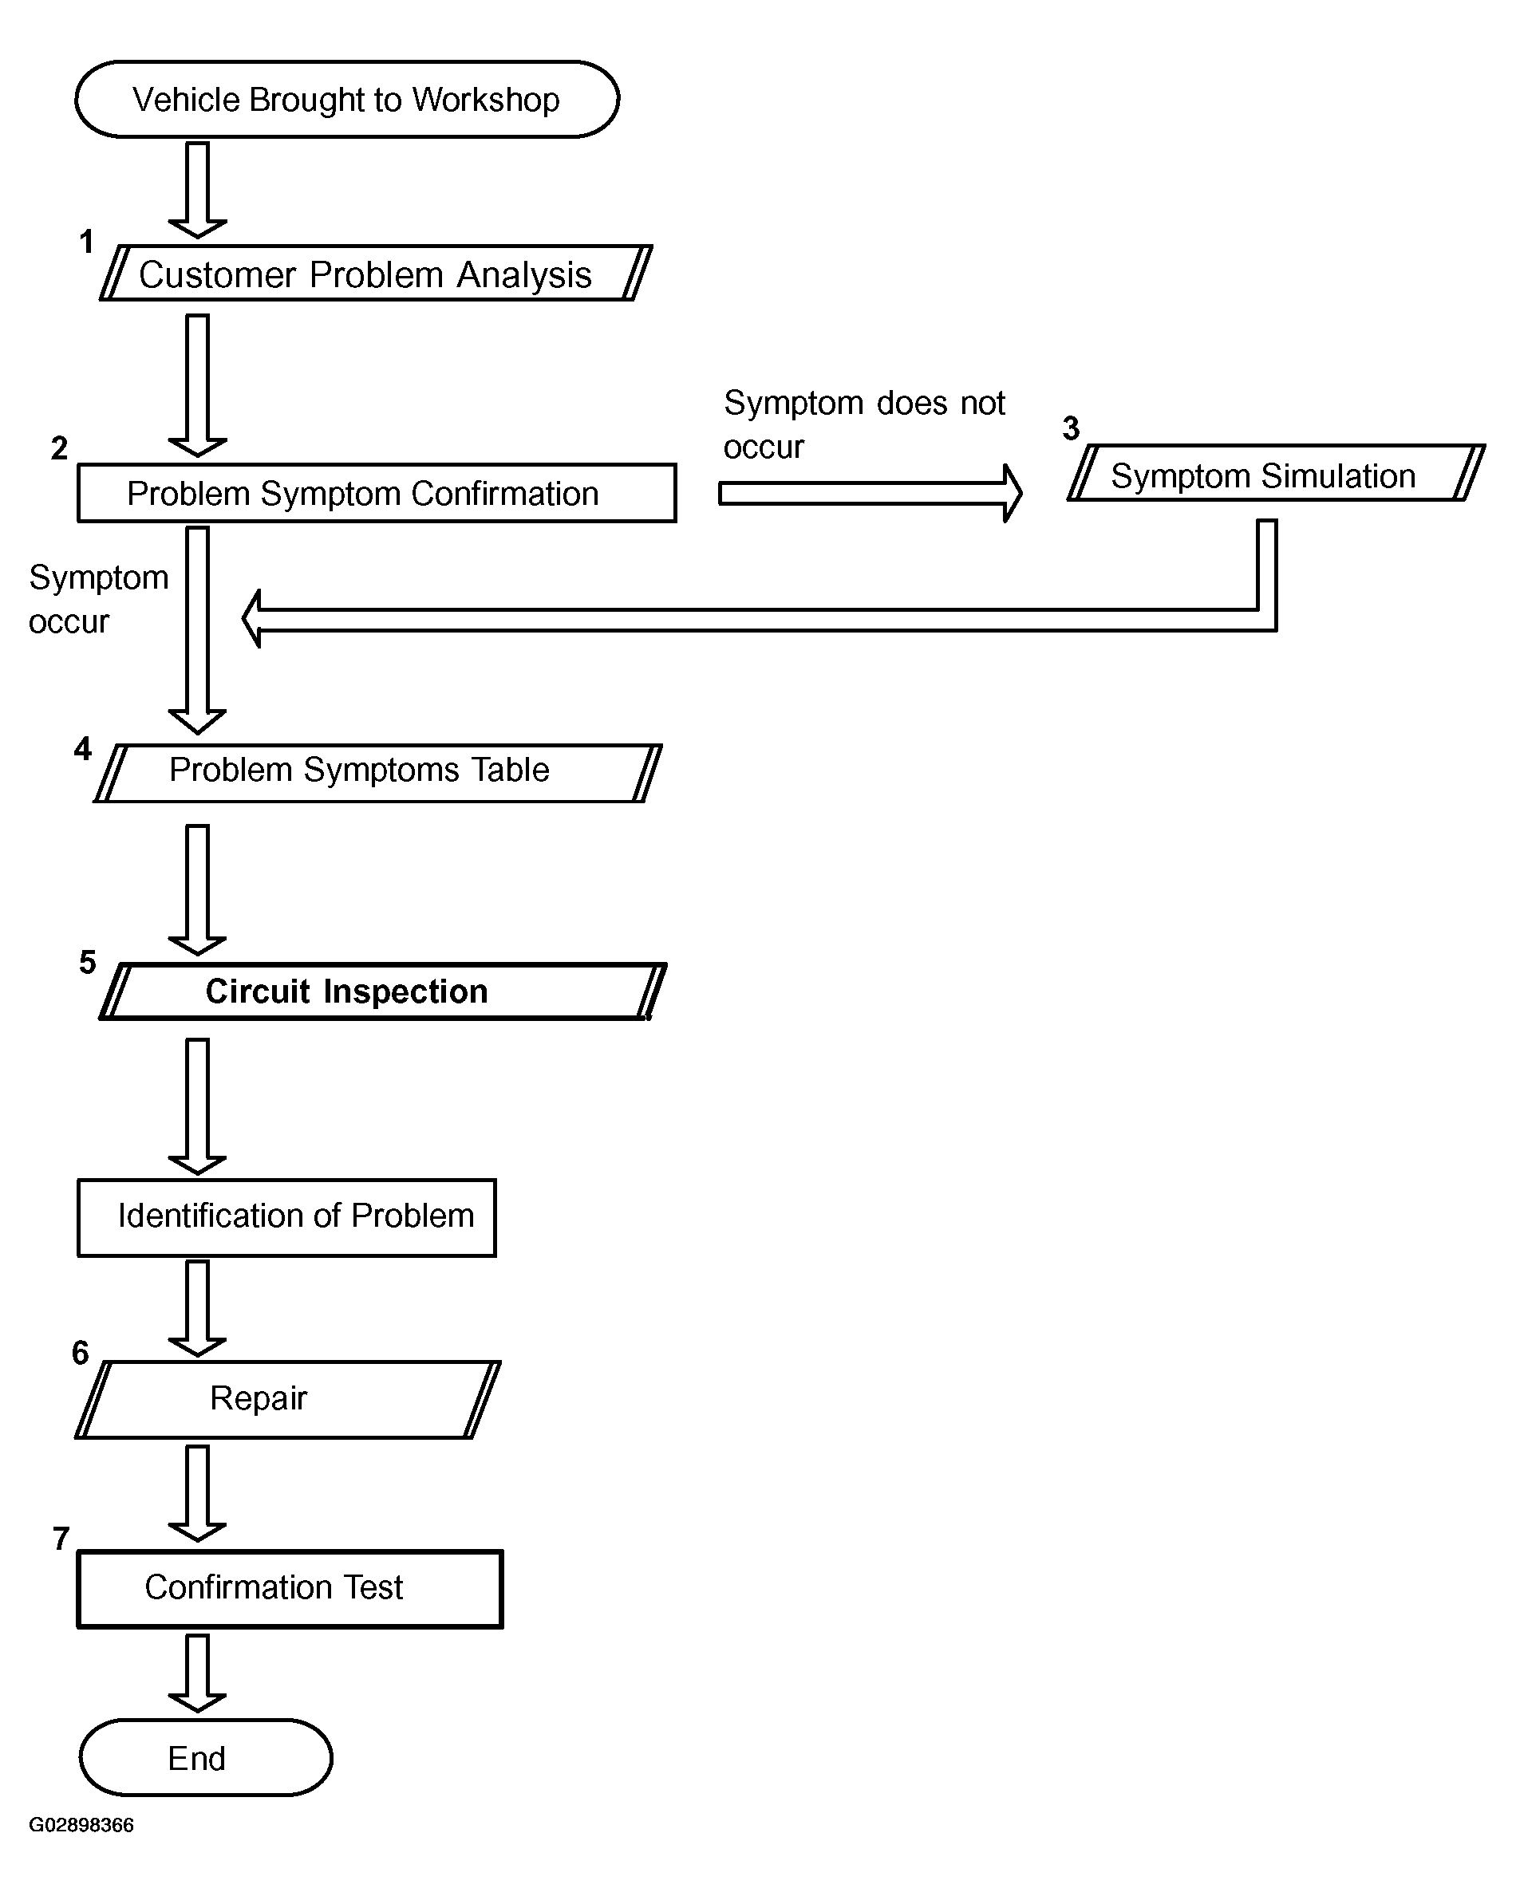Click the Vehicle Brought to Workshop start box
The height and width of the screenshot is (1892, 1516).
coord(347,99)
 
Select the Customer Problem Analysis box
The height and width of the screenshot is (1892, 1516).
coord(376,273)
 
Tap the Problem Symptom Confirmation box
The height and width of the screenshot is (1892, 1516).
coord(377,493)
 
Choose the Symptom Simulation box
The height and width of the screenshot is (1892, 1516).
coord(1277,473)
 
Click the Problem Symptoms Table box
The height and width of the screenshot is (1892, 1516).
coord(377,773)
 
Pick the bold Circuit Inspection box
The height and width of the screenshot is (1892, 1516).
coord(383,991)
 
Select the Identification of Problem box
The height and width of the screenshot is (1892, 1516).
coord(287,1217)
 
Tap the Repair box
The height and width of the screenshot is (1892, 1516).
coord(288,1400)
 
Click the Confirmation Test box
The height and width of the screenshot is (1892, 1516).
coord(290,1589)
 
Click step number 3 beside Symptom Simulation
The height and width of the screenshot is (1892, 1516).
coord(1071,428)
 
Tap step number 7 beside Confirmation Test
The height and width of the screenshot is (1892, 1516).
coord(61,1539)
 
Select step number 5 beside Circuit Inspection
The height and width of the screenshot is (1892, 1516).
coord(88,962)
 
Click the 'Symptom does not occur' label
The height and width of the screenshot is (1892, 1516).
coord(864,424)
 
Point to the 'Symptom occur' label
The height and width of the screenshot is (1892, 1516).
coord(98,598)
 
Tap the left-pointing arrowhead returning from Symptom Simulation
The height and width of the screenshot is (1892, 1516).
coord(252,619)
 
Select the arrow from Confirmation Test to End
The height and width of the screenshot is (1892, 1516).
coord(198,1673)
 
